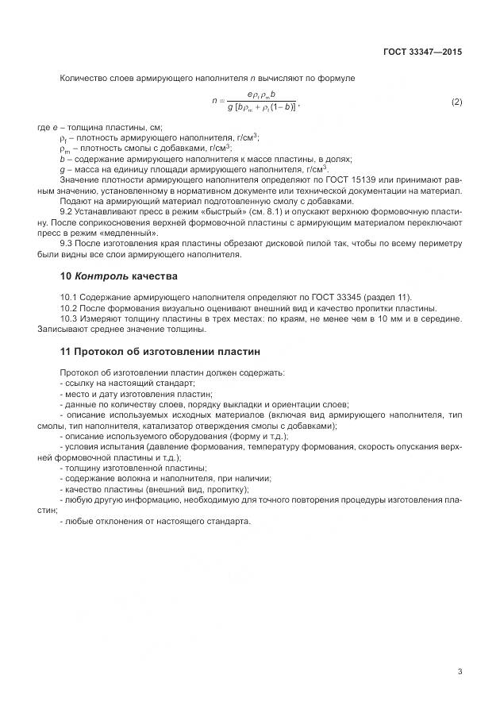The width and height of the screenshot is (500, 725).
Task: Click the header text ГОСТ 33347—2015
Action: [x=422, y=52]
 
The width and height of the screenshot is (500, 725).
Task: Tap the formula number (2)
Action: [x=456, y=102]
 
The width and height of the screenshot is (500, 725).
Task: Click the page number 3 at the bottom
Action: [x=460, y=672]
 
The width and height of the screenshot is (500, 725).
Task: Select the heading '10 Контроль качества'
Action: [x=119, y=276]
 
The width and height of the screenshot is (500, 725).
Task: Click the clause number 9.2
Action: [x=67, y=213]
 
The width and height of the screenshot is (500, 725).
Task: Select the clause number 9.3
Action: [x=67, y=244]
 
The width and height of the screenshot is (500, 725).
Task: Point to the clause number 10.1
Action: [x=69, y=297]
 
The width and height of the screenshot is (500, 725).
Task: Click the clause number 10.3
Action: [x=69, y=318]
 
